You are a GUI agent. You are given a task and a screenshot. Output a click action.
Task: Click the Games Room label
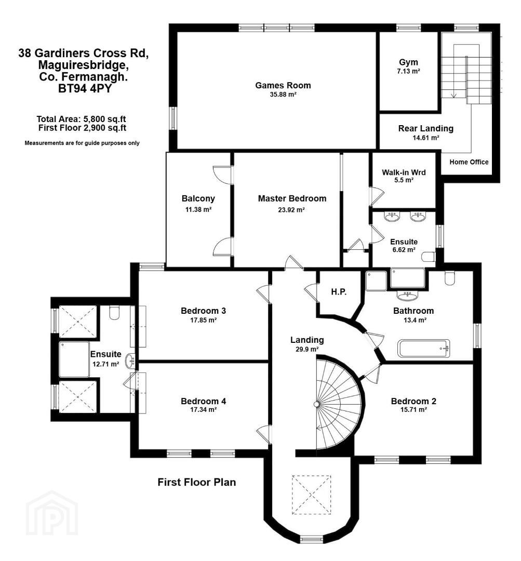pos(283,85)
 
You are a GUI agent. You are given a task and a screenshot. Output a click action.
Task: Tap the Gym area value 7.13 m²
pos(408,71)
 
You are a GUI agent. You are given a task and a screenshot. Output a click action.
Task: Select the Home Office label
pos(469,162)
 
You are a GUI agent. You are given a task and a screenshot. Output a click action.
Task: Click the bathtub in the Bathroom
pos(424,348)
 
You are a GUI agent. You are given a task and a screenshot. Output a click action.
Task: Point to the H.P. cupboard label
pos(339,291)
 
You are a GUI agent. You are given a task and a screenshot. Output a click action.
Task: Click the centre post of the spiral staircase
pos(316,404)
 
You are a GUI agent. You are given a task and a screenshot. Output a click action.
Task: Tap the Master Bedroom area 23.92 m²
pos(291,210)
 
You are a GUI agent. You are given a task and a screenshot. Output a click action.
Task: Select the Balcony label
pos(198,198)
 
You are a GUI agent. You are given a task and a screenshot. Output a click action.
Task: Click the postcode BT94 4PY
pos(85,88)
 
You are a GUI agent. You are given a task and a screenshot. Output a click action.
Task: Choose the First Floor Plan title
pos(197,482)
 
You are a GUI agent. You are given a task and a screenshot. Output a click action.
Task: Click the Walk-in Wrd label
pos(404,172)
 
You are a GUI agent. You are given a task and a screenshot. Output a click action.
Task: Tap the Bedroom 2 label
pos(413,401)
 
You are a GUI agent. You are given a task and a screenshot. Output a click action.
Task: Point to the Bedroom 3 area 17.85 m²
pos(203,320)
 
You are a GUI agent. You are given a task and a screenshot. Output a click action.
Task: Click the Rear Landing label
pos(426,128)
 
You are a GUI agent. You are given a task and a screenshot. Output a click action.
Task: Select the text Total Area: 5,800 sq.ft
pos(81,119)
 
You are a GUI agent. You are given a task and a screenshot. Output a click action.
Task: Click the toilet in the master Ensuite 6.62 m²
pos(429,257)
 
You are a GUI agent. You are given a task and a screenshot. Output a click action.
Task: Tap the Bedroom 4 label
pos(203,401)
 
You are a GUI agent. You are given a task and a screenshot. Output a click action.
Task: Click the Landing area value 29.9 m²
pos(307,349)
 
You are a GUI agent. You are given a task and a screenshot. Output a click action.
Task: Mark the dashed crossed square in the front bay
pos(311,495)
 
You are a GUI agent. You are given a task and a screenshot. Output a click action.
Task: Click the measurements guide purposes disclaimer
pos(82,143)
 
